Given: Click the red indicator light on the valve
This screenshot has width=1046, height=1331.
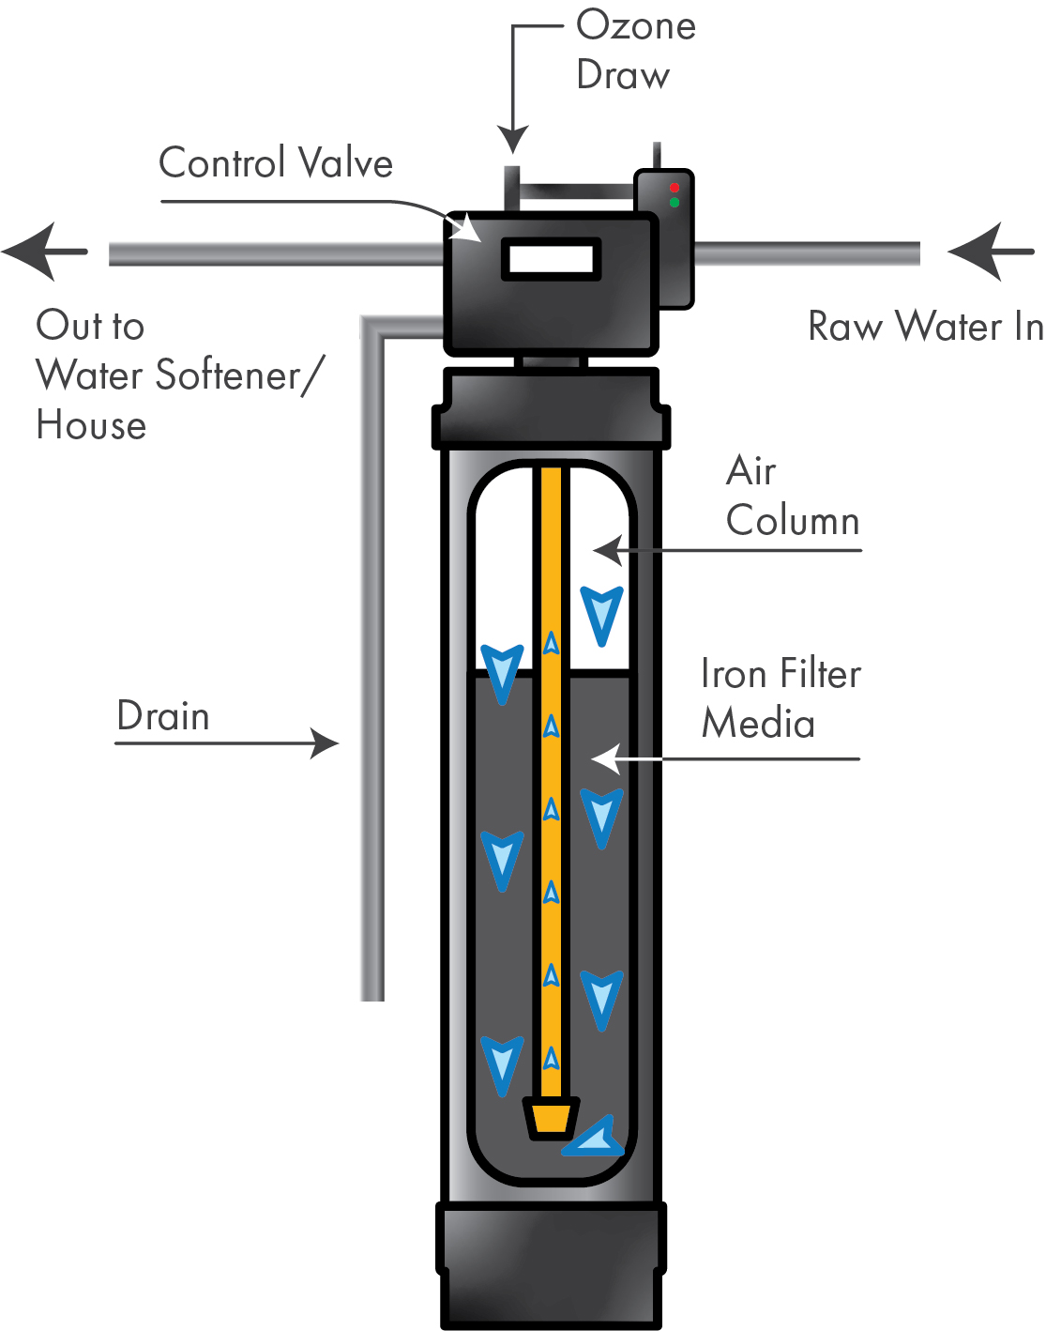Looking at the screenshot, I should pos(674,188).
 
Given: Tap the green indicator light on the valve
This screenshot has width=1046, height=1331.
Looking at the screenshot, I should pos(674,202).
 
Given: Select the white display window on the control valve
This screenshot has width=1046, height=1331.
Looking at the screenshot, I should pos(551,259).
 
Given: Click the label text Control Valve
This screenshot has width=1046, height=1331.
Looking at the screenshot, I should pos(276,163).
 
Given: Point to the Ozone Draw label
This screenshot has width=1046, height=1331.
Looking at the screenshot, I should pos(635,51).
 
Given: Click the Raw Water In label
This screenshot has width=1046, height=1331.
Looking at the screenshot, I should pos(925,327).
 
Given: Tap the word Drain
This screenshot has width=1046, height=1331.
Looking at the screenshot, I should pos(163,716).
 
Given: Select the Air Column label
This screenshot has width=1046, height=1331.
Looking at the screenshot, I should pos(792,496).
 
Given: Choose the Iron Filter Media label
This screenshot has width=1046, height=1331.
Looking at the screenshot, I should pos(781,699).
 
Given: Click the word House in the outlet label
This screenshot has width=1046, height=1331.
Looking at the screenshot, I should pos(91,425).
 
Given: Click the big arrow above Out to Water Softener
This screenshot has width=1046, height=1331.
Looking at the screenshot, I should pos(43,252).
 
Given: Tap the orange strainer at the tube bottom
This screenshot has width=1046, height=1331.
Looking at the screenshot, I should pos(551,1118).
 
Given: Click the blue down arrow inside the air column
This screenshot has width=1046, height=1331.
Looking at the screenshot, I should pos(601,614).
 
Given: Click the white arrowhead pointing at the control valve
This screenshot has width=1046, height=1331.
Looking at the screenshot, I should pos(464,227).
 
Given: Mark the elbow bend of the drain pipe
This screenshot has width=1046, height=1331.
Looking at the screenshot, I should pos(373,328).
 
